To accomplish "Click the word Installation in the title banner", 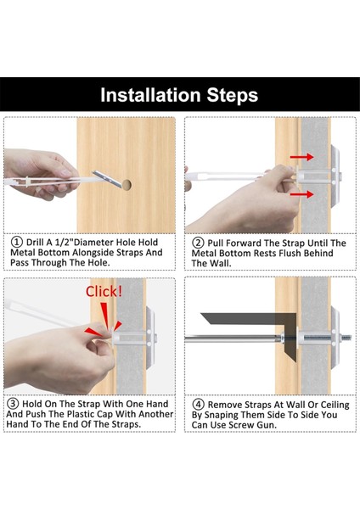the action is coord(150,95).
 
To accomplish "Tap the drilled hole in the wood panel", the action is coord(127,185).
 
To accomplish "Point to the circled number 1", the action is coord(17,242).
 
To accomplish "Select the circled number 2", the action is coord(198,243).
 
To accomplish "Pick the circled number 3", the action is coord(13,404).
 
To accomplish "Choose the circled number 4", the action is coord(198,405).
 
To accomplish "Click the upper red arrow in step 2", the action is coord(301,157).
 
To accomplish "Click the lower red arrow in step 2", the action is coord(301,194).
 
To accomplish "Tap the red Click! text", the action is coord(104,291).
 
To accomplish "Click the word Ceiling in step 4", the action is coord(335,406).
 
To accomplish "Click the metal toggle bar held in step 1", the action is coord(108,179).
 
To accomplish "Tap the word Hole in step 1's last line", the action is coord(98,262).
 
